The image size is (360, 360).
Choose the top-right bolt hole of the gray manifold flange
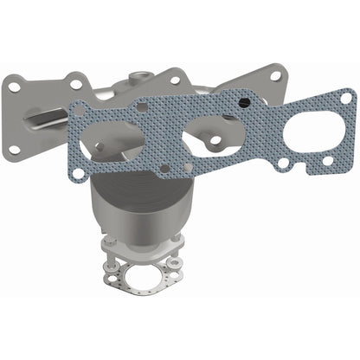(274, 75)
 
